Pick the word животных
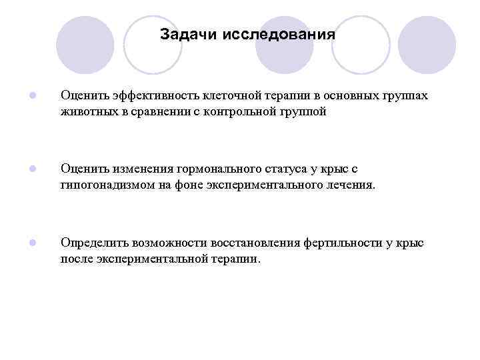(x=87, y=111)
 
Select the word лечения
(x=350, y=185)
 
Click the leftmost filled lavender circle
(x=85, y=45)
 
